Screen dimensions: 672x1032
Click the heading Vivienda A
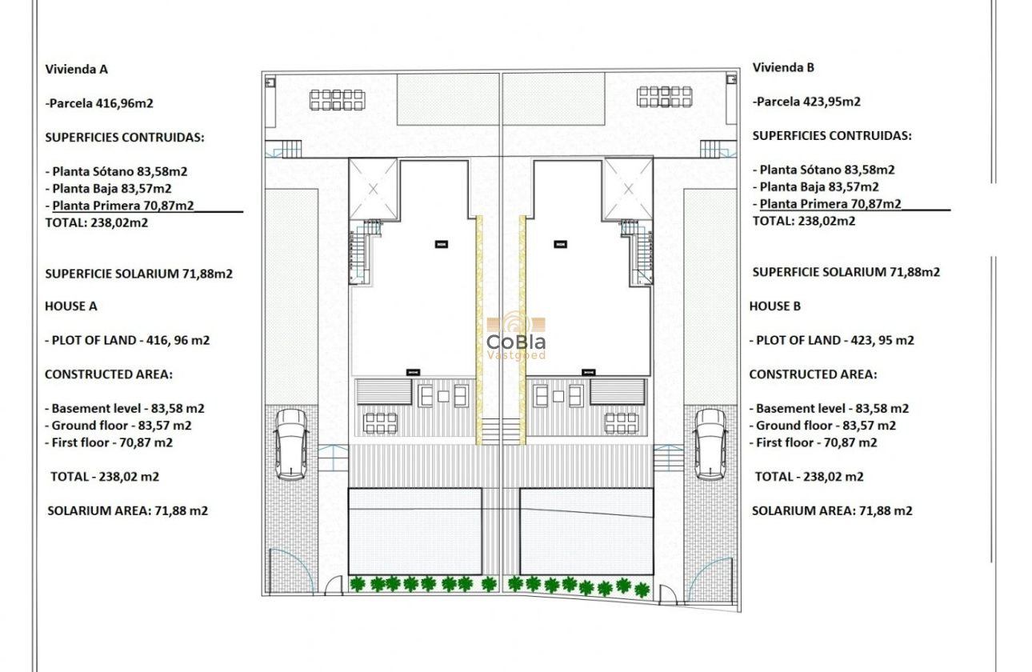77,69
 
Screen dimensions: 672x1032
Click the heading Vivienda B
783,67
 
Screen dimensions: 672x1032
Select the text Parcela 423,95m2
808,102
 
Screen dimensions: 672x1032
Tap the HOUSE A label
71,306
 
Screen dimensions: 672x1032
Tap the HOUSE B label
775,306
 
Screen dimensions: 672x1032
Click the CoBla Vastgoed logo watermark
516,336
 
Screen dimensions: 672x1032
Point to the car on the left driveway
290,444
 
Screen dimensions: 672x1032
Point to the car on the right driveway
710,444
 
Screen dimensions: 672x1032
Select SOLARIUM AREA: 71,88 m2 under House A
128,510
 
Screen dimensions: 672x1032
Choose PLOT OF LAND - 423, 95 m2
832,340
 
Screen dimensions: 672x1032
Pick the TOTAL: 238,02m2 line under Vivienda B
804,221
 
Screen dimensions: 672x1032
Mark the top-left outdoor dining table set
337,100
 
